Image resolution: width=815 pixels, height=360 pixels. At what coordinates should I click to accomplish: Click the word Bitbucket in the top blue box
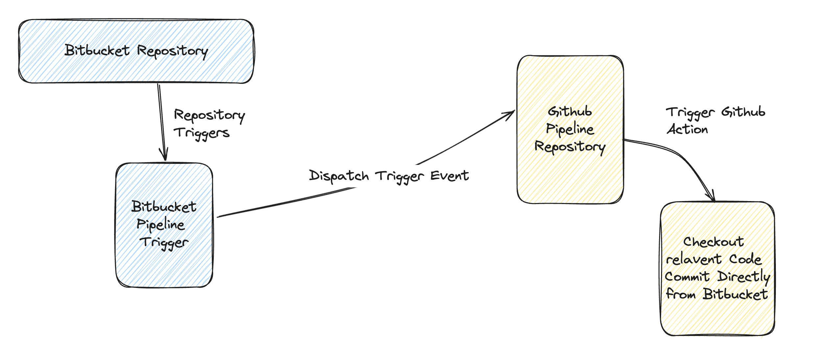click(97, 50)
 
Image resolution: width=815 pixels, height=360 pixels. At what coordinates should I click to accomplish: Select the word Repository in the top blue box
click(173, 52)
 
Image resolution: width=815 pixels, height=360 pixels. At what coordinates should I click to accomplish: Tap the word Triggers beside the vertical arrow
click(202, 133)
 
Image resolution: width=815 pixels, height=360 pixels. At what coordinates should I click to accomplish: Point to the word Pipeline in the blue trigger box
click(161, 225)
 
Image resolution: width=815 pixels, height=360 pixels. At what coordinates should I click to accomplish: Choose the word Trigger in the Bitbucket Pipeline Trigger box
click(164, 243)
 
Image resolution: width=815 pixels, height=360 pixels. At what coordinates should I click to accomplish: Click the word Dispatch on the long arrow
click(339, 176)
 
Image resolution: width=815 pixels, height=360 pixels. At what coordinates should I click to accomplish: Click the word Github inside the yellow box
click(570, 112)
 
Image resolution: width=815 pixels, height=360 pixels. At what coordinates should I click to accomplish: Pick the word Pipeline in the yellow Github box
click(570, 129)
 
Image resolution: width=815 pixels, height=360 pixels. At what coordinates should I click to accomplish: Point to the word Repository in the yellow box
click(570, 147)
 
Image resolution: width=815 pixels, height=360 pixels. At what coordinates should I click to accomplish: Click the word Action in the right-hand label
click(687, 129)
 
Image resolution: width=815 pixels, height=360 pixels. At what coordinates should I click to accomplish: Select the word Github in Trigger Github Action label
click(743, 112)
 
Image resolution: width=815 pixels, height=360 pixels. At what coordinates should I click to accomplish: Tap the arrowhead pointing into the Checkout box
click(711, 196)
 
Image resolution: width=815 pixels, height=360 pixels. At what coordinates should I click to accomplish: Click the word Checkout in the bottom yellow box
click(714, 242)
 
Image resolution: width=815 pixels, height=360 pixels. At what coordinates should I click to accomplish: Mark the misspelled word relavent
click(694, 259)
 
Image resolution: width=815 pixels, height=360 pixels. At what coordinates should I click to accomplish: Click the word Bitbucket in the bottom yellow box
click(735, 294)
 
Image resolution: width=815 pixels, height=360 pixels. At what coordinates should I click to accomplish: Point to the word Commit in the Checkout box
click(687, 276)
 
